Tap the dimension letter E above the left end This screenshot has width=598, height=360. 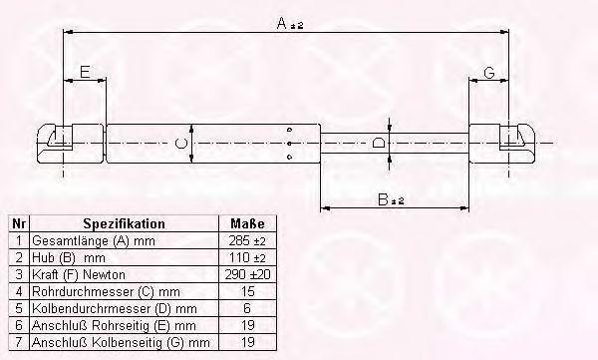point(85,72)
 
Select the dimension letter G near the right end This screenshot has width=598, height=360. point(489,72)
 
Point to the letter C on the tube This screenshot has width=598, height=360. point(181,144)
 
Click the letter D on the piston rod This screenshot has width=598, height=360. point(378,144)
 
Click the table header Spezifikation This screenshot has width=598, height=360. point(125,223)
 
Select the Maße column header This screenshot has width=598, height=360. point(247,223)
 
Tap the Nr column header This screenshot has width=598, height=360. point(19,223)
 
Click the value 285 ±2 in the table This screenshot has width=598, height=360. point(247,241)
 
